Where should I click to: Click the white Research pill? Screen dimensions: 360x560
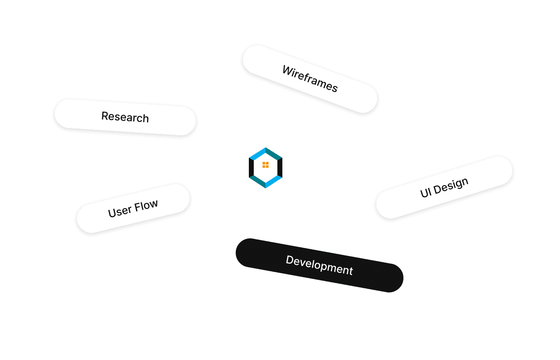coord(125,117)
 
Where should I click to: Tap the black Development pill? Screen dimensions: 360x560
coord(319,265)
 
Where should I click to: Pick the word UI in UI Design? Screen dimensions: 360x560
coord(425,192)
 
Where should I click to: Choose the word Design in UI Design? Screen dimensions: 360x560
coord(451,184)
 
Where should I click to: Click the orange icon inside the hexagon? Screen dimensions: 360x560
coord(265,165)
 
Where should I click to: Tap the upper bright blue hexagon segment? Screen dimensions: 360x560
coord(257,153)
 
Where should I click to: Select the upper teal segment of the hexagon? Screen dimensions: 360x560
coord(273,153)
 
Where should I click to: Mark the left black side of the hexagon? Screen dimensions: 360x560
coord(251,167)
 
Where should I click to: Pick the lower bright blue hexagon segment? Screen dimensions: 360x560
coord(273,181)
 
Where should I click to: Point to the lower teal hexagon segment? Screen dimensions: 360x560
coord(258,181)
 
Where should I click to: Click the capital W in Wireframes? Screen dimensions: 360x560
coord(287,70)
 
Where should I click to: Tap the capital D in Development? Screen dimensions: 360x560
coord(289,260)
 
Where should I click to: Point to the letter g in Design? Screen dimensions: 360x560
coord(457,183)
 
